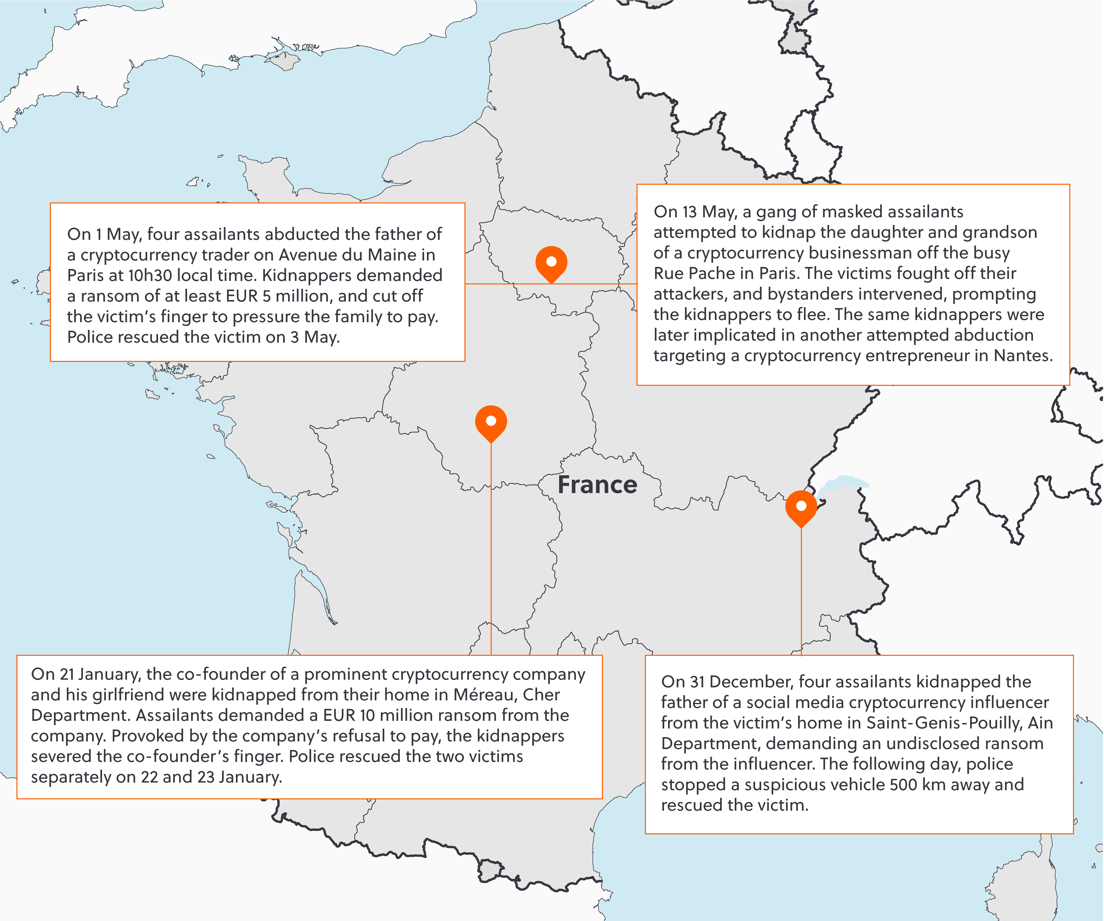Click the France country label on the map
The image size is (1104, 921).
[597, 485]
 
